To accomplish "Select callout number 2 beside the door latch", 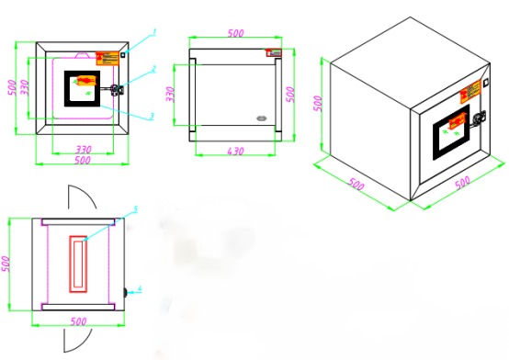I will [x=154, y=69].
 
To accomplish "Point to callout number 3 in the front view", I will [x=151, y=116].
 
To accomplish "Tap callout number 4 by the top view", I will [x=141, y=290].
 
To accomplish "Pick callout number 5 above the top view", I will [x=135, y=210].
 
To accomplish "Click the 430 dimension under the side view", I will [x=234, y=150].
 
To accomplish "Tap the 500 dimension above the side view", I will [x=235, y=33].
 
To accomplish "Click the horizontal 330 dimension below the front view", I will [x=82, y=148].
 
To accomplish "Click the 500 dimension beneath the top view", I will [x=80, y=321].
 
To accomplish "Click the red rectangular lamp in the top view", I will [x=79, y=263].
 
